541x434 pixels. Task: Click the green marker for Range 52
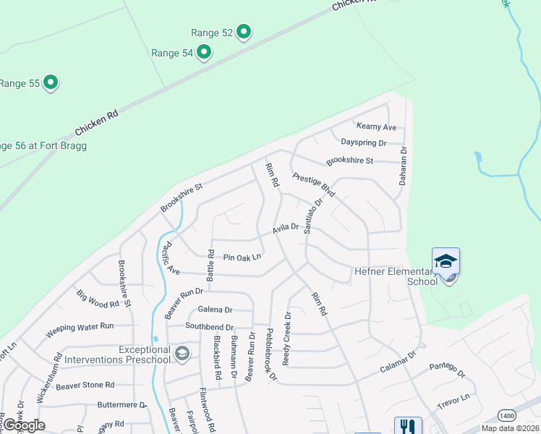point(244,32)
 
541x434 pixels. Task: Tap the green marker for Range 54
point(204,51)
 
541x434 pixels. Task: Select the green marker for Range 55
point(51,82)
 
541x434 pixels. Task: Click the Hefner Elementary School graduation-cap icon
point(446,260)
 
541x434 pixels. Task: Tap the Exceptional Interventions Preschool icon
point(182,353)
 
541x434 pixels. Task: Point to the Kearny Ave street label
point(377,127)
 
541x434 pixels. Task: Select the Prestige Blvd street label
point(314,185)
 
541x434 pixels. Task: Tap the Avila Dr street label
point(286,229)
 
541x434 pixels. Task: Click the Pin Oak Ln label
point(242,258)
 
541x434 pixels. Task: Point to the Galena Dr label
point(215,310)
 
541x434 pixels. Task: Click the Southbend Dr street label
point(209,326)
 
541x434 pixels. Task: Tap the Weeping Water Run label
point(80,330)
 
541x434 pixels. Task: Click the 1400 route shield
point(508,416)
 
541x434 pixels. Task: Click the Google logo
point(24,425)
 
